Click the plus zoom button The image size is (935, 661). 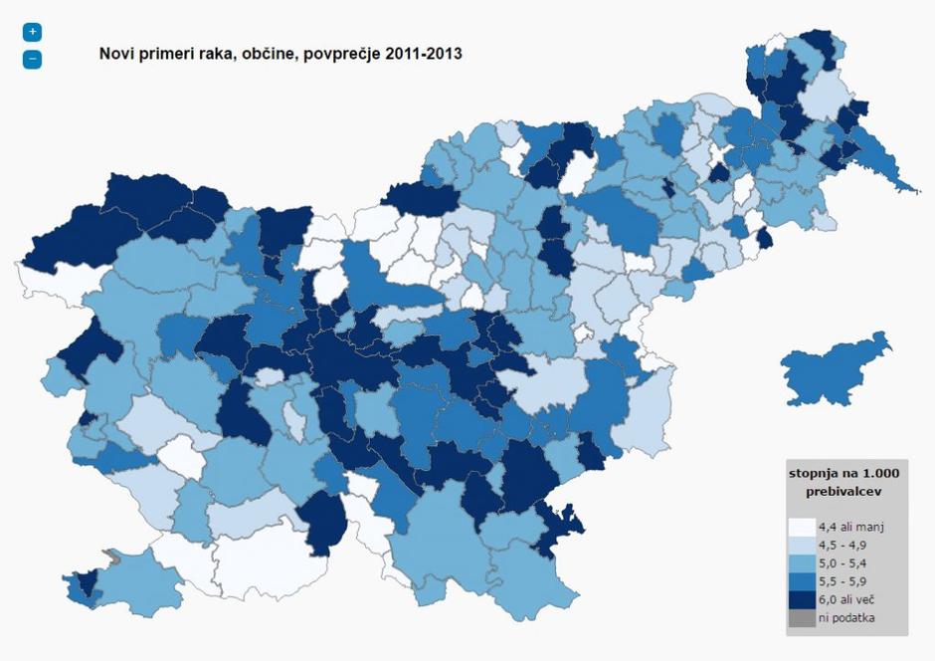32,32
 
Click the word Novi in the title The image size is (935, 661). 117,53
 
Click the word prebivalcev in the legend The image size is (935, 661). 843,491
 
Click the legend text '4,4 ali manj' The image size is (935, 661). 850,527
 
